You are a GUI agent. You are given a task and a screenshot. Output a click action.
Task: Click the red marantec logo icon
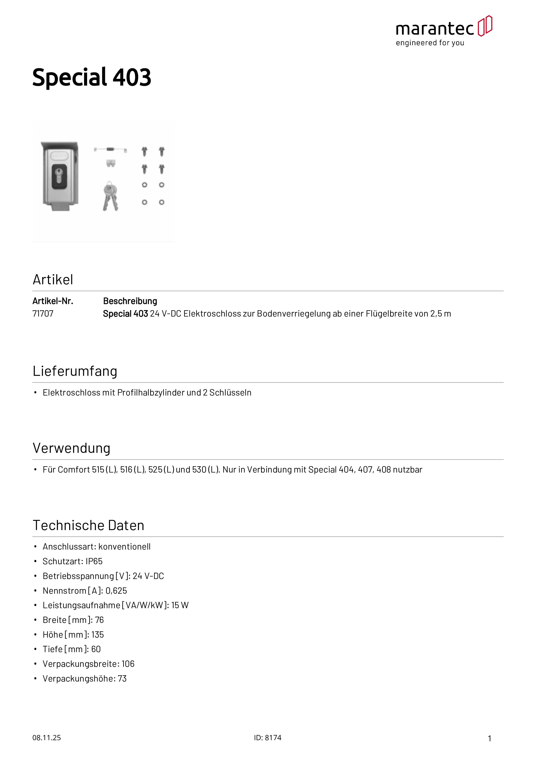(x=485, y=26)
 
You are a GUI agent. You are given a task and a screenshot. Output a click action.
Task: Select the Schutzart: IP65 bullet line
(x=72, y=561)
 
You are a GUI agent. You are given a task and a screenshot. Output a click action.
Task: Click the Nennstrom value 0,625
(x=116, y=590)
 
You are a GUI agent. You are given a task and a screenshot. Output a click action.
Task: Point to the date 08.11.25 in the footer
(x=46, y=738)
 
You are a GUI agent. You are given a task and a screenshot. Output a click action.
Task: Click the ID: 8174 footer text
(x=268, y=738)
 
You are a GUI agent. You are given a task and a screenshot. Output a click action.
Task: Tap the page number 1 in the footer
(x=490, y=738)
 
